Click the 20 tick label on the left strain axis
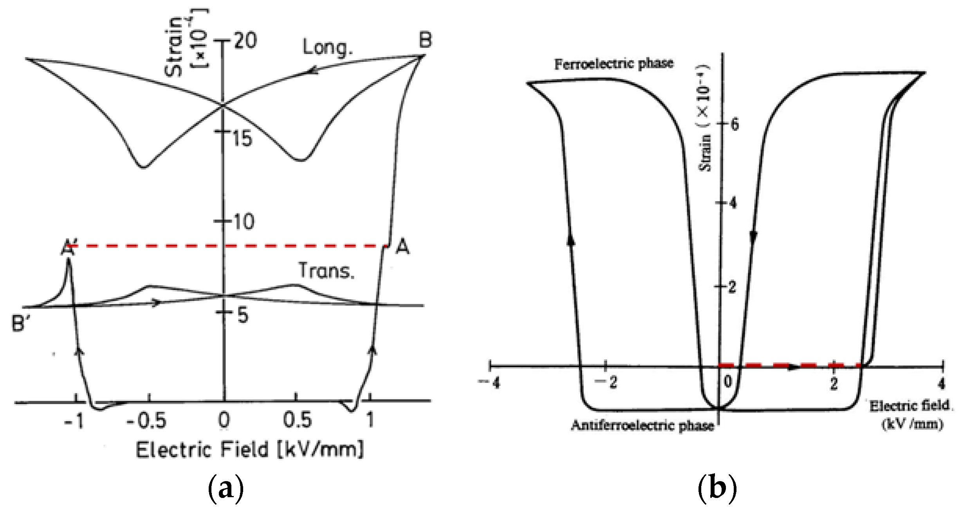(x=245, y=40)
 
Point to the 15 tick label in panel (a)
(x=242, y=138)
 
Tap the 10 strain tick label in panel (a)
(x=244, y=222)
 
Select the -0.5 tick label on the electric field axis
(x=146, y=421)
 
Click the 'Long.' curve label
(x=327, y=48)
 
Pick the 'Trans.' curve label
(x=327, y=271)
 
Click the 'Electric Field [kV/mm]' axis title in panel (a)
(x=249, y=449)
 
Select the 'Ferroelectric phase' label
(x=614, y=63)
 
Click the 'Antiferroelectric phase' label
(x=643, y=426)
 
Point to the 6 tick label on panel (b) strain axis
(x=734, y=125)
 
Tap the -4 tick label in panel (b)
(x=490, y=383)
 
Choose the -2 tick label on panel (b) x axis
(x=606, y=383)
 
